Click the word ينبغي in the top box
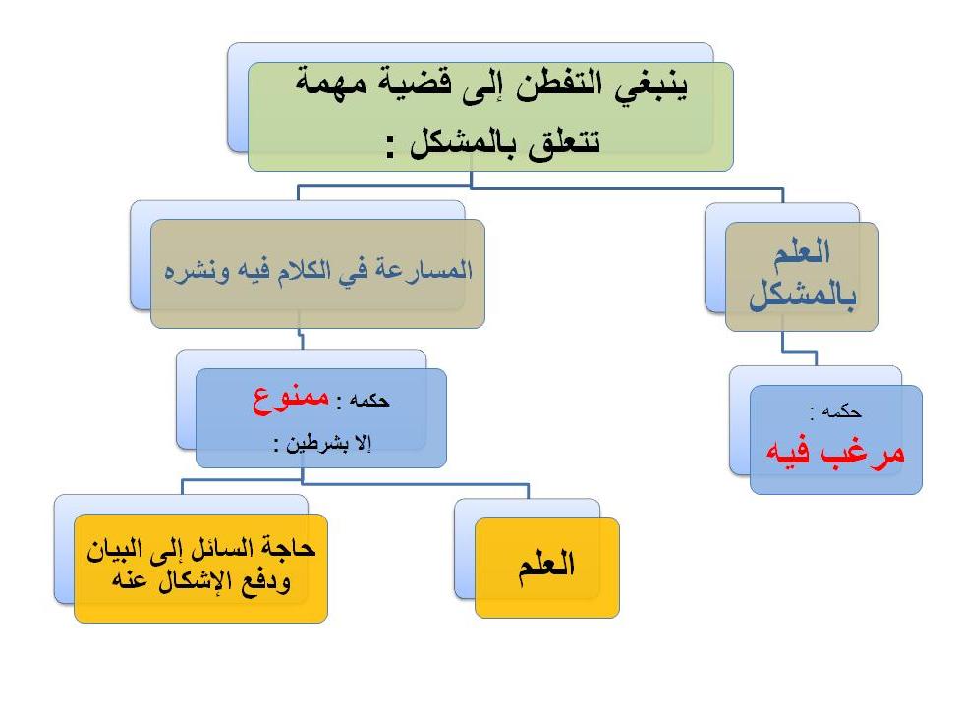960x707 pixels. [x=652, y=85]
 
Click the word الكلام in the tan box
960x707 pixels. [x=305, y=270]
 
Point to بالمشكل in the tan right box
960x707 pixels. [x=803, y=295]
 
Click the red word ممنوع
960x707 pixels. [x=291, y=400]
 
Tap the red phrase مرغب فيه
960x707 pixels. [x=835, y=454]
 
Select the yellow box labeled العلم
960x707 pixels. [x=547, y=568]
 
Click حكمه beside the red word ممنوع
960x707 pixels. [x=369, y=401]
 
